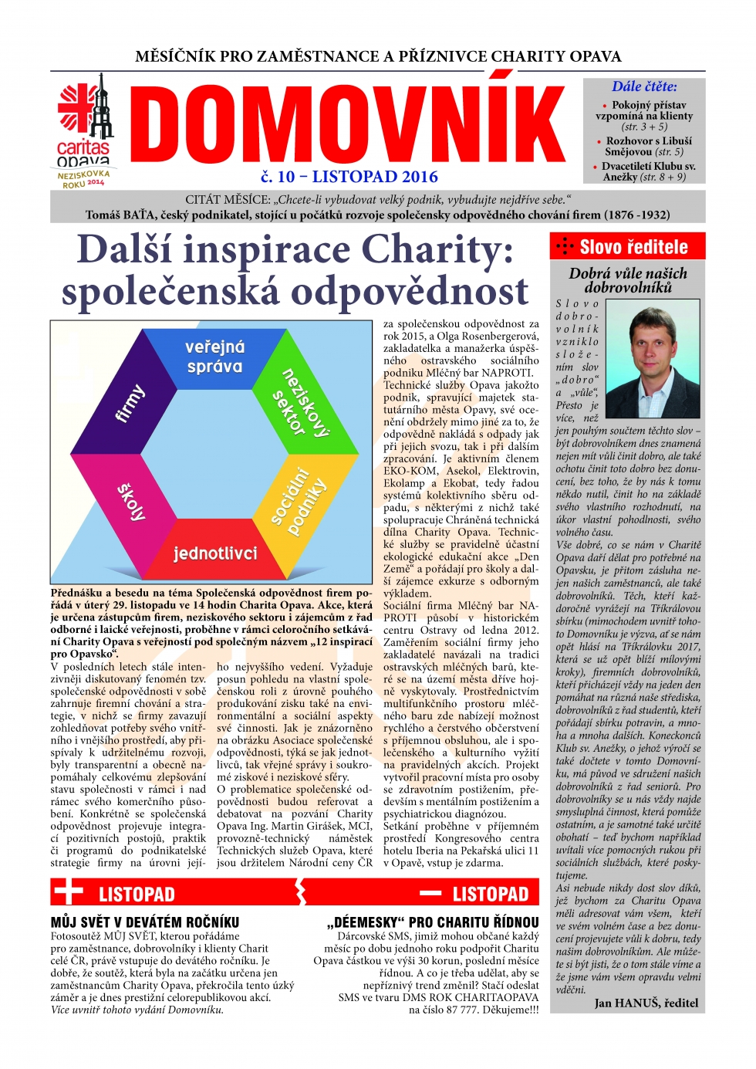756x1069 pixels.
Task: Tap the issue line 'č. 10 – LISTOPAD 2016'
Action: point(349,177)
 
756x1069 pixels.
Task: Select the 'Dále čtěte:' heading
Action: point(644,86)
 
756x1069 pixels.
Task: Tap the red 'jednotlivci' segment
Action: point(215,553)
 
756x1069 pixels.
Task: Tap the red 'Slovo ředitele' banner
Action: point(627,246)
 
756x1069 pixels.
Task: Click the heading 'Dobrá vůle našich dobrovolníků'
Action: point(627,280)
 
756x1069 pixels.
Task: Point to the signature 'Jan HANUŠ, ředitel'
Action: point(646,1003)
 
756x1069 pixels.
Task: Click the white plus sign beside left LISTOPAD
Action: point(68,893)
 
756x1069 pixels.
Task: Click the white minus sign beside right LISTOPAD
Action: point(430,894)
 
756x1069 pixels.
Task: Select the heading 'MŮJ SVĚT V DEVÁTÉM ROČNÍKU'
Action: point(145,922)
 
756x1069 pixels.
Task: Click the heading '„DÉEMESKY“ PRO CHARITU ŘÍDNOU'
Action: point(433,922)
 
